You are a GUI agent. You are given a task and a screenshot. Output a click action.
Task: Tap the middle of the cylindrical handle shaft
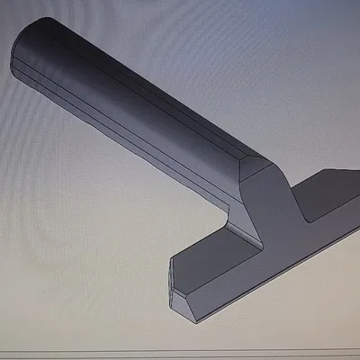tap(135, 108)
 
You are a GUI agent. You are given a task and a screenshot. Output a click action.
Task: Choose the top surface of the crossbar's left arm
tap(216, 252)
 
